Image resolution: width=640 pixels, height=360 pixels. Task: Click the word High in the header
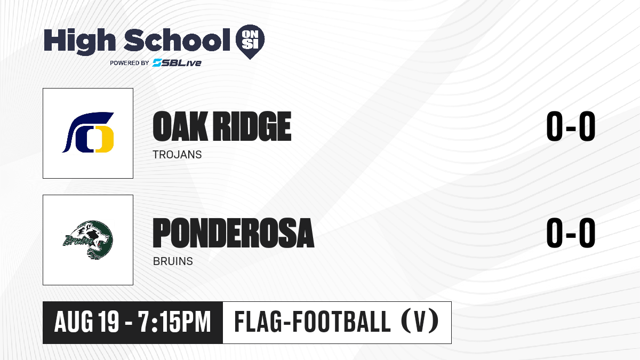tap(79, 42)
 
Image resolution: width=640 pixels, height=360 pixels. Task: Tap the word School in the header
tap(177, 39)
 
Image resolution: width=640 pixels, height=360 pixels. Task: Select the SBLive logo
tap(177, 63)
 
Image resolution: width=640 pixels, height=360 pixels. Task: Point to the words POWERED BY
tap(130, 63)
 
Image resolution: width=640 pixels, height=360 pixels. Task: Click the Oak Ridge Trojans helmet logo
tap(88, 132)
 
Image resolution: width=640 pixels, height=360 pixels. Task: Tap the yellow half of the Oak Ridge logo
tap(105, 140)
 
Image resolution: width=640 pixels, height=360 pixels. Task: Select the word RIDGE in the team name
tap(253, 126)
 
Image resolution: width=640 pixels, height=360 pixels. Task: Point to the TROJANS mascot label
tap(177, 155)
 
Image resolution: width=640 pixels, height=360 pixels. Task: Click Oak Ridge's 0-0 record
tap(571, 126)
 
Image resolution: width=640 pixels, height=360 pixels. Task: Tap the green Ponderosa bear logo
tap(88, 239)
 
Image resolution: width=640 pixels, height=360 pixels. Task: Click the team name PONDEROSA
tap(234, 233)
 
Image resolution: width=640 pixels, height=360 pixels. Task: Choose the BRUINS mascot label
tap(173, 261)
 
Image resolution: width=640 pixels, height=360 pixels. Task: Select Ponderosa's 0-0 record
tap(571, 233)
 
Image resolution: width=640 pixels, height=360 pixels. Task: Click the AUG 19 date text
tap(86, 322)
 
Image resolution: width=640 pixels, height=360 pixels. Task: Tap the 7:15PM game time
tap(174, 322)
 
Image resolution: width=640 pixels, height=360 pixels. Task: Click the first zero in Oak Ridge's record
tap(554, 126)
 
